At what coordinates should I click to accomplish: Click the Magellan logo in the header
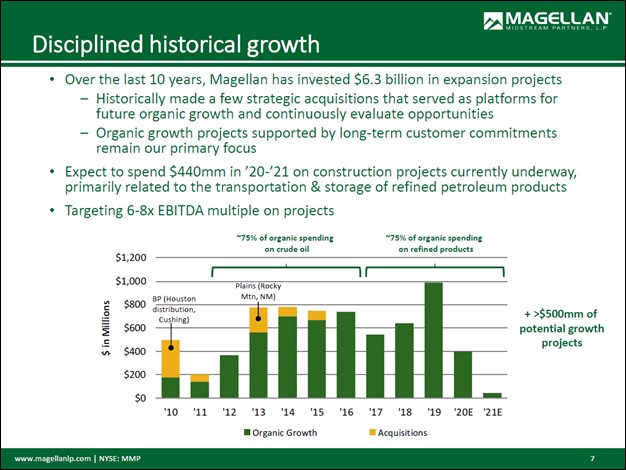pyautogui.click(x=547, y=21)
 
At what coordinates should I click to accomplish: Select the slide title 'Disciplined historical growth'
pyautogui.click(x=176, y=45)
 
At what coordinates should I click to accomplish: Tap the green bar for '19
pyautogui.click(x=433, y=340)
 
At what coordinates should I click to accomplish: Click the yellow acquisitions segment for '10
pyautogui.click(x=171, y=358)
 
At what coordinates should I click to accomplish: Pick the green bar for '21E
pyautogui.click(x=491, y=395)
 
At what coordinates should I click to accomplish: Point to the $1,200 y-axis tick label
pyautogui.click(x=131, y=258)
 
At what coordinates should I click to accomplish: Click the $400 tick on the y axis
pyautogui.click(x=137, y=351)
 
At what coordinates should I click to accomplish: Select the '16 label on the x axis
pyautogui.click(x=346, y=411)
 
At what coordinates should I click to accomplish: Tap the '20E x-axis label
pyautogui.click(x=462, y=411)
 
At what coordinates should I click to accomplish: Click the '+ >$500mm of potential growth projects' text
pyautogui.click(x=560, y=327)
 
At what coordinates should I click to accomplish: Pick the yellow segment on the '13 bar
pyautogui.click(x=259, y=319)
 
